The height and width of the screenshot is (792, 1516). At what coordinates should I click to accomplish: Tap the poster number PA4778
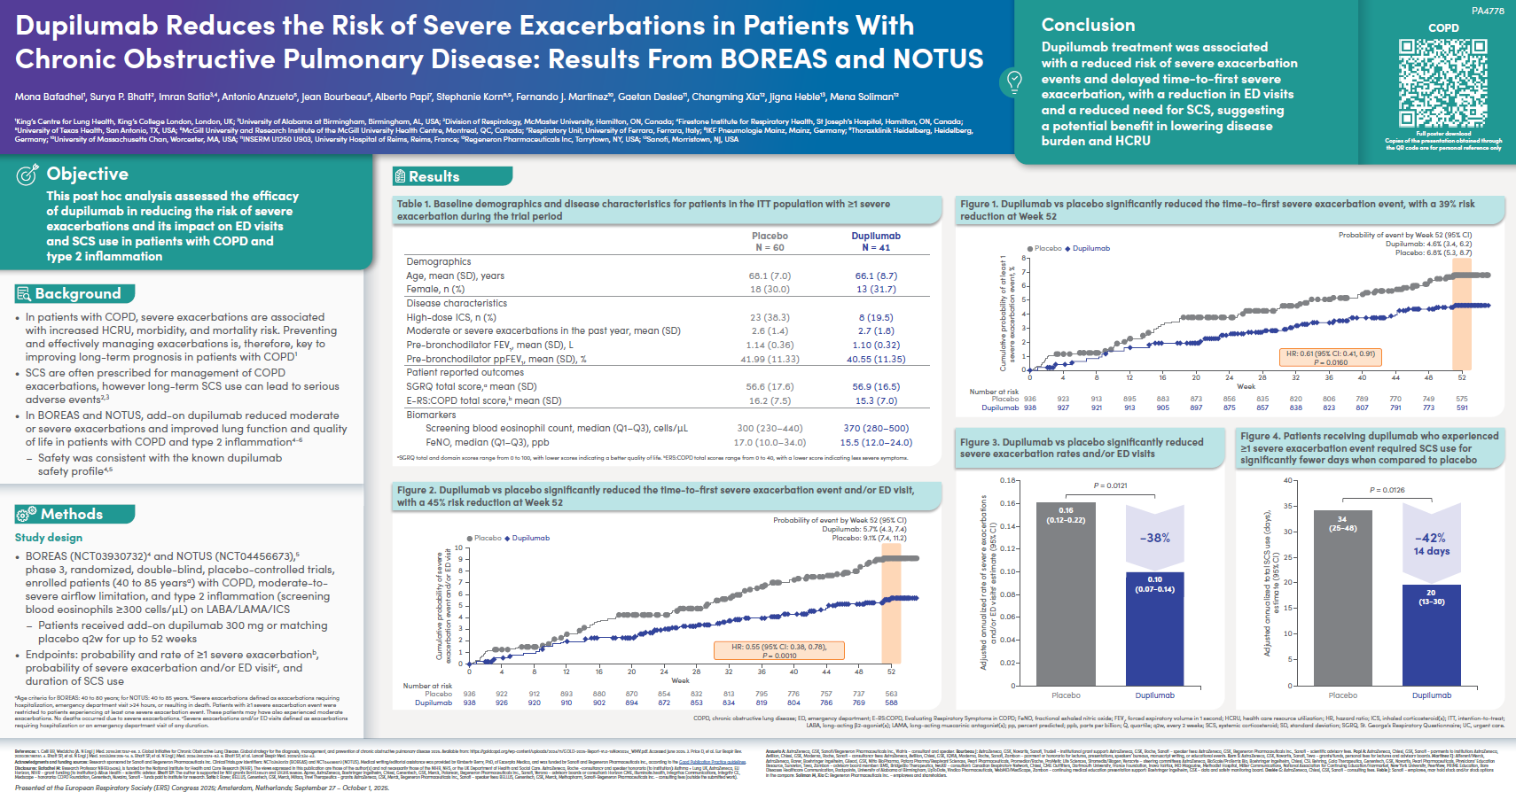1489,11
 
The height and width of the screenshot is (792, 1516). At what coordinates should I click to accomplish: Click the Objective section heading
87,174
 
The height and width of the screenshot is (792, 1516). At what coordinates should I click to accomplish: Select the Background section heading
77,293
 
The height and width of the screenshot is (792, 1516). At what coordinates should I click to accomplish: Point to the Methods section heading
71,514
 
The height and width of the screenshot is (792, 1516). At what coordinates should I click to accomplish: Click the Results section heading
434,176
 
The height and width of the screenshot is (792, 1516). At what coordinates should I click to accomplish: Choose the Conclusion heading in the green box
1088,25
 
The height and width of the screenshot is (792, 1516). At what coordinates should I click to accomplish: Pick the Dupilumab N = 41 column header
875,241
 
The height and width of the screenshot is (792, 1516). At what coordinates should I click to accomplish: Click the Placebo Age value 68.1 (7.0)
770,276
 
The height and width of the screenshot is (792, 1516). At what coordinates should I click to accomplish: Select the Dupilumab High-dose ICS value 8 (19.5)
875,317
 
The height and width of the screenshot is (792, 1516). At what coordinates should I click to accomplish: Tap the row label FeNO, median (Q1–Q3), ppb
487,442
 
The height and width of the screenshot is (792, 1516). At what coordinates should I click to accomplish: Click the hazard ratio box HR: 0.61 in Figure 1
1330,357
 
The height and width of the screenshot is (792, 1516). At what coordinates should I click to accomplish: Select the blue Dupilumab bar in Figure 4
1431,634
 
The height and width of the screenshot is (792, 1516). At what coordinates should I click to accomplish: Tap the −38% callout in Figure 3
1154,538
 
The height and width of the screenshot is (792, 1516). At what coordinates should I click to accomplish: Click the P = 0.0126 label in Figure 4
1387,490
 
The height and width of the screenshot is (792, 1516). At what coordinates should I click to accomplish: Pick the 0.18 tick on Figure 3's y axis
1008,481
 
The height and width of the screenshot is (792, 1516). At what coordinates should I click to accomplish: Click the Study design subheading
49,538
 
